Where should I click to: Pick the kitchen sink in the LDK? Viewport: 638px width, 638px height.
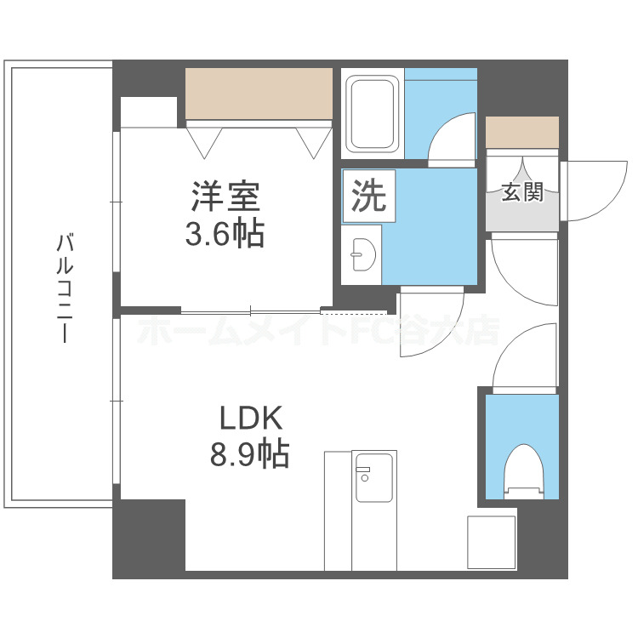[373, 478]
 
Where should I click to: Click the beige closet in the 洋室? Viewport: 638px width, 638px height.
[259, 93]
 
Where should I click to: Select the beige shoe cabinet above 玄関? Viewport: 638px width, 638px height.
[522, 132]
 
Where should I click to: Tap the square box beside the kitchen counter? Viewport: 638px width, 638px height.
[492, 543]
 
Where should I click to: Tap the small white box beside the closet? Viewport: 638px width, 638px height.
[148, 111]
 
